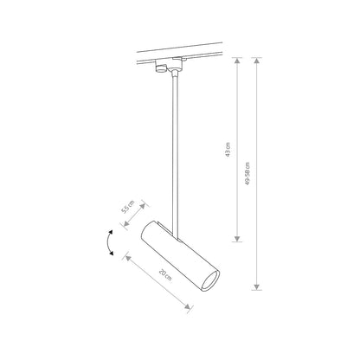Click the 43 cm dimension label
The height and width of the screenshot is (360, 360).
tap(227, 149)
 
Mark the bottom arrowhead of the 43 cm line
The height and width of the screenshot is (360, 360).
tap(236, 238)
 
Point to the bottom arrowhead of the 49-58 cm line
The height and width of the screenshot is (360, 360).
tap(257, 286)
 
